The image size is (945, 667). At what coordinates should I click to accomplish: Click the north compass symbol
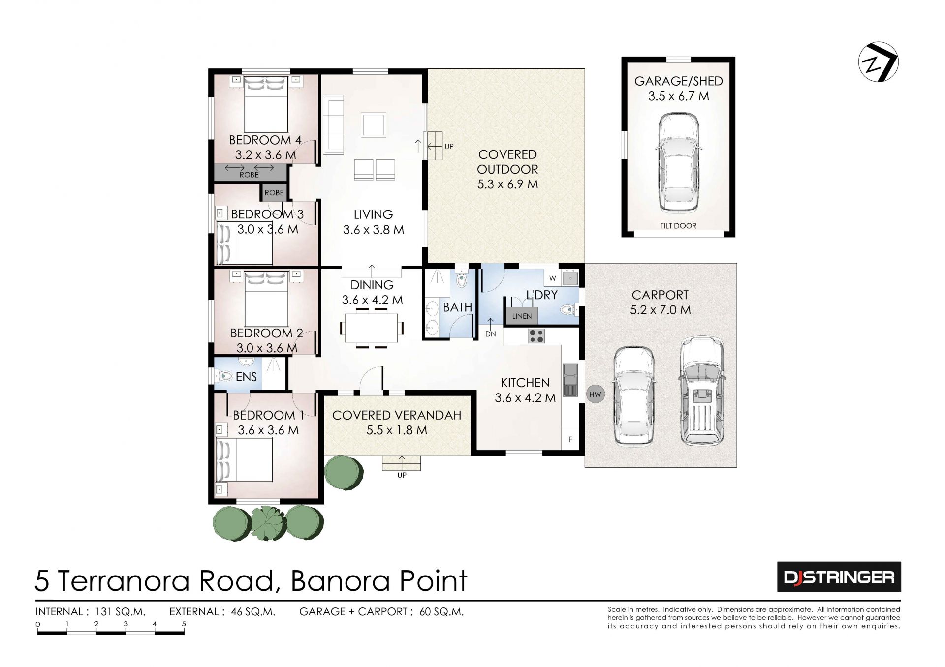point(879,62)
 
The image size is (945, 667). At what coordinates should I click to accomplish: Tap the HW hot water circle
point(595,394)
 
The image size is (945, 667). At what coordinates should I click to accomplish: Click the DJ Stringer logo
point(839,576)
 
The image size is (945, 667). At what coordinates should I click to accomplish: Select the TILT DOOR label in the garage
point(678,226)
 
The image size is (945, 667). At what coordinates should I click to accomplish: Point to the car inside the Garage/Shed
point(679,162)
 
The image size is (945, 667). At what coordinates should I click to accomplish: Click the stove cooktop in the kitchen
point(536,336)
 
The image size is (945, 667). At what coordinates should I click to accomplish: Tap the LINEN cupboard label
point(522,316)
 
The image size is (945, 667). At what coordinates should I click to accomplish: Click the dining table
point(372,328)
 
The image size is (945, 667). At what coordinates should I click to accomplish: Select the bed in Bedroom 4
point(266,104)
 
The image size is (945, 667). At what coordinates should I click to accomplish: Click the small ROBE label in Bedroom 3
point(274,193)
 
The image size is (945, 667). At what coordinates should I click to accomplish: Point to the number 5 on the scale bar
point(184,624)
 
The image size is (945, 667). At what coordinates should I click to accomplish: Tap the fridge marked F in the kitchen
point(570,439)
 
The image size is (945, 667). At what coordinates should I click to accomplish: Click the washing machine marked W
point(553,278)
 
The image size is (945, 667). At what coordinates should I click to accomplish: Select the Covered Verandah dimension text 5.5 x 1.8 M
point(397,430)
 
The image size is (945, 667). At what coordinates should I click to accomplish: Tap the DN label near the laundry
point(491,334)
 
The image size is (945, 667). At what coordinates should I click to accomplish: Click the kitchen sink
point(570,380)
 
